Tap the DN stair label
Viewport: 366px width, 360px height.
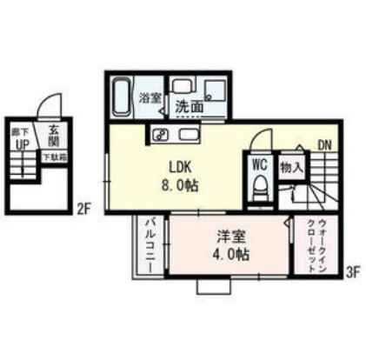tap(323, 144)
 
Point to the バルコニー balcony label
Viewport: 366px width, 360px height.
tap(150, 245)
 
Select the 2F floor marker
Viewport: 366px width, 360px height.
tap(83, 208)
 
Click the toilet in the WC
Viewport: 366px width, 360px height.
tap(259, 185)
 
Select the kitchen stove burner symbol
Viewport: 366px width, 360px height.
tap(159, 134)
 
